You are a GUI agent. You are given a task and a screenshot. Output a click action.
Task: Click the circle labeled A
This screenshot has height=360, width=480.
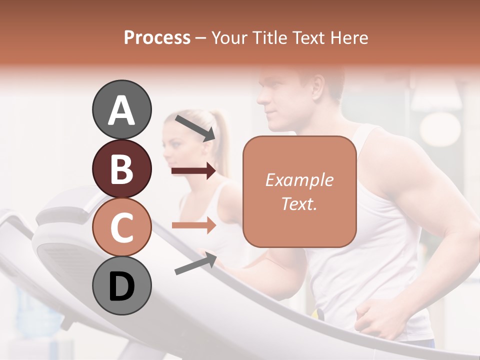pos(122,109)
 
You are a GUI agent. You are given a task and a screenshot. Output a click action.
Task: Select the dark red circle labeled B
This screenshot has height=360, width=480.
pos(122,168)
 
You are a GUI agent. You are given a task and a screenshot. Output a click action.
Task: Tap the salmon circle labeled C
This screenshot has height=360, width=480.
pos(122,227)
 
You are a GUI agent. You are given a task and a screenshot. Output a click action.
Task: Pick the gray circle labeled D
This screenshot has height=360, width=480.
pos(122,285)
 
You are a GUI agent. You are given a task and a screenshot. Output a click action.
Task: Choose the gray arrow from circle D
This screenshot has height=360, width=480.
pos(195,263)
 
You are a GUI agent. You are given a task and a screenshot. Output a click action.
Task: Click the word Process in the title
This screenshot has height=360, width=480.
pos(157,37)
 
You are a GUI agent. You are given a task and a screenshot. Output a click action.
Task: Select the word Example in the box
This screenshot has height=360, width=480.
pos(299,180)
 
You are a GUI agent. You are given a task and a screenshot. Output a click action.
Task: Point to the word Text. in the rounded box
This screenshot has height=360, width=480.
pos(299,203)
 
